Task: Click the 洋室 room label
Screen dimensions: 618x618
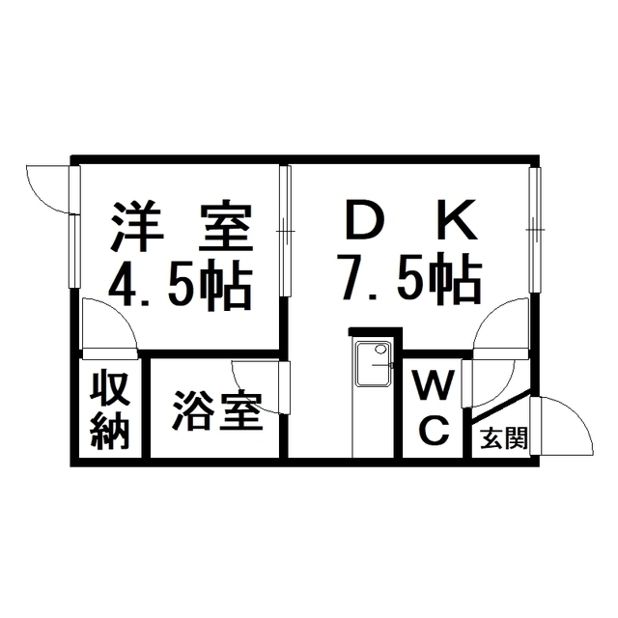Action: [x=182, y=228]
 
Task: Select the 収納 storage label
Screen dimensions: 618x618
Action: [x=110, y=409]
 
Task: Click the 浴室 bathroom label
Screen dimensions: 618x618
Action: [x=217, y=409]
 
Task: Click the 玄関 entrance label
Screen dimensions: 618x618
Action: [x=504, y=437]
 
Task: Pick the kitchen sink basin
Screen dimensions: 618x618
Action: [x=374, y=364]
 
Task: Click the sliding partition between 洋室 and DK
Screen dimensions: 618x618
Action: [x=286, y=231]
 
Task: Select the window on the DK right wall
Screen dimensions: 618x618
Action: [x=535, y=230]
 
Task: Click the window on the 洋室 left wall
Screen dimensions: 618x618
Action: [x=74, y=227]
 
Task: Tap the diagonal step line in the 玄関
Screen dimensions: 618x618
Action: [x=501, y=405]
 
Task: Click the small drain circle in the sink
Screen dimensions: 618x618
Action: [x=380, y=350]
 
